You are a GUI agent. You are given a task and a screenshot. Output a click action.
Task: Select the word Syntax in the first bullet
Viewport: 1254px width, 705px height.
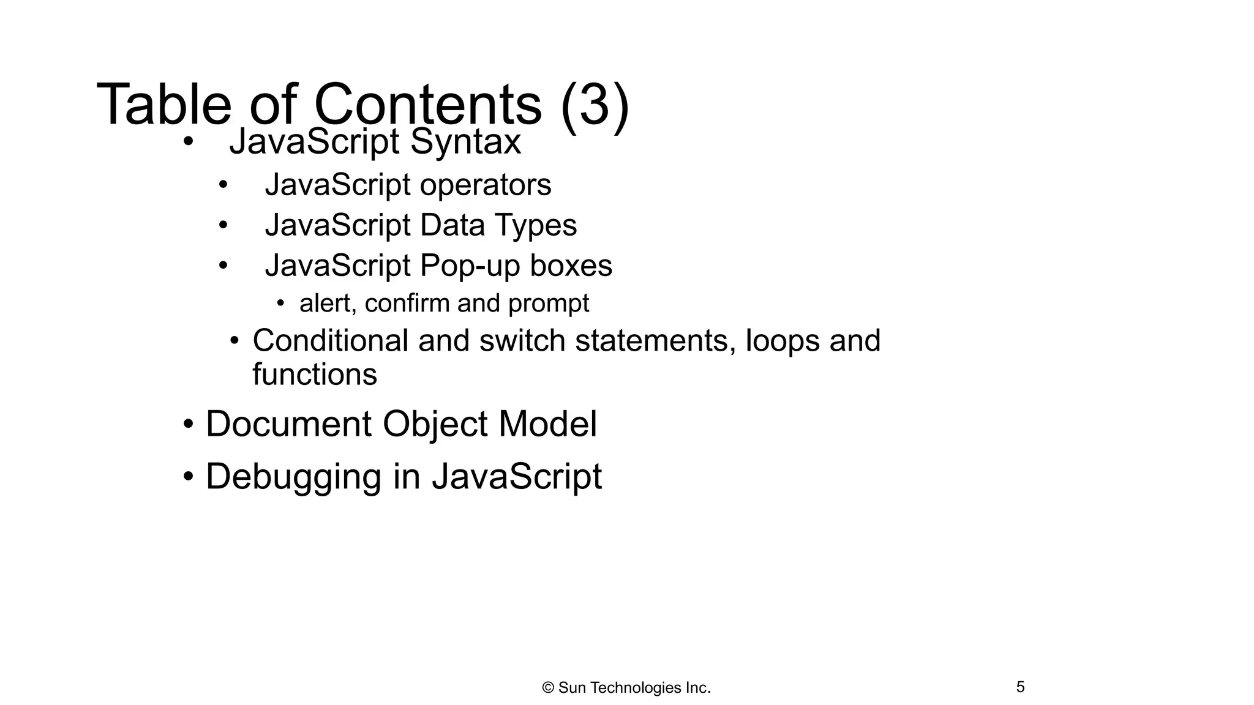465,142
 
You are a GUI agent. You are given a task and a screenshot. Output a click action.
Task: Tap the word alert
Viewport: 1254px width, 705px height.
326,304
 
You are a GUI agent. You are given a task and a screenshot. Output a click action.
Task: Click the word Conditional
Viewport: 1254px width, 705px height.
330,340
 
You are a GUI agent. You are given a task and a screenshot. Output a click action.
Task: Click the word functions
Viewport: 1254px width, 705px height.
315,375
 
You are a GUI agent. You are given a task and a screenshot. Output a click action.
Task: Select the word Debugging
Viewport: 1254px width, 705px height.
293,477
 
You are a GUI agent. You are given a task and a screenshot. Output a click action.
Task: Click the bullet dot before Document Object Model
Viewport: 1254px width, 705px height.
188,424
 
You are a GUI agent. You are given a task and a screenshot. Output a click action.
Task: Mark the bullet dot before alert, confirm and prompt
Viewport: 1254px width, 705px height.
280,303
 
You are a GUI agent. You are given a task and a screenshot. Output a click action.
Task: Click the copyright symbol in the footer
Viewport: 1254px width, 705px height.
548,688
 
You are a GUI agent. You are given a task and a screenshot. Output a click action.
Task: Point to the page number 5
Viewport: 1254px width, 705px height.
1020,687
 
